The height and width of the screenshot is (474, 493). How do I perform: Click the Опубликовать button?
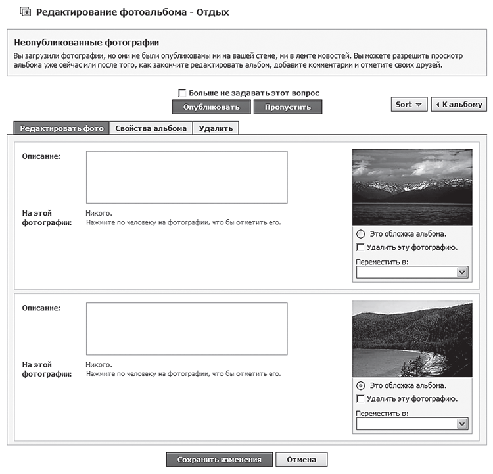[x=211, y=107]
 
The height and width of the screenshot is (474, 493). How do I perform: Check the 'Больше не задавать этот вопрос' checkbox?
[x=182, y=93]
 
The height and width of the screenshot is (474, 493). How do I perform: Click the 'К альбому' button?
[x=459, y=104]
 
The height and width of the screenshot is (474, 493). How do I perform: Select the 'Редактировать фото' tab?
[x=62, y=128]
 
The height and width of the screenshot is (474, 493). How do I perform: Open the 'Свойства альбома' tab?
[x=151, y=128]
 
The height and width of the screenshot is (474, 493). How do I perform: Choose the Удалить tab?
[x=216, y=128]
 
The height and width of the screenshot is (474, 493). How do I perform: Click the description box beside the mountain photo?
[x=187, y=178]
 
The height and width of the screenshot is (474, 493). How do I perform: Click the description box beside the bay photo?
[x=187, y=329]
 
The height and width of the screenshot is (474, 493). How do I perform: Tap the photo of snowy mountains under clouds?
[x=412, y=187]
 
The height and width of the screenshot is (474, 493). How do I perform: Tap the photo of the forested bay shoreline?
[x=412, y=339]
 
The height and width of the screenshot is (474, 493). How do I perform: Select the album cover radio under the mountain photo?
[x=360, y=234]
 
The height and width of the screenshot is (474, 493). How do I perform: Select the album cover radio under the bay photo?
[x=360, y=385]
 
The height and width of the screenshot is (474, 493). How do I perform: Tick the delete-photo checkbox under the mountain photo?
[x=360, y=247]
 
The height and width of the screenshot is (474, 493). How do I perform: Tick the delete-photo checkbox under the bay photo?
[x=360, y=398]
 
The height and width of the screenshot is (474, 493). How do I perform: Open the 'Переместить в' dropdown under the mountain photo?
[x=411, y=272]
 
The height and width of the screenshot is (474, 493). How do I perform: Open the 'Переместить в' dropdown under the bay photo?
[x=411, y=424]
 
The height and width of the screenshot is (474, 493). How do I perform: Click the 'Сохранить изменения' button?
[x=219, y=460]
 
